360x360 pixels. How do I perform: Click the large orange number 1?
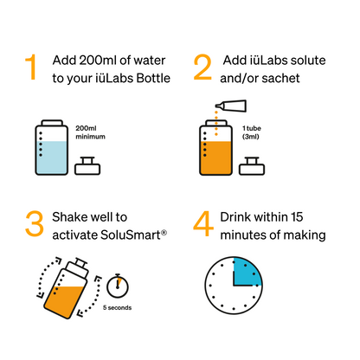tap(32, 67)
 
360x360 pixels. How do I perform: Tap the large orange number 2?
tap(202, 67)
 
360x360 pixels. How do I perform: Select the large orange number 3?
tap(33, 222)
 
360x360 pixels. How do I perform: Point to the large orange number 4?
tap(203, 222)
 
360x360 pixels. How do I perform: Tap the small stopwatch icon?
tap(119, 284)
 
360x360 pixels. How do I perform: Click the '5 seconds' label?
tap(118, 307)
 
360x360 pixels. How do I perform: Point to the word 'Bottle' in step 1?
tap(153, 80)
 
